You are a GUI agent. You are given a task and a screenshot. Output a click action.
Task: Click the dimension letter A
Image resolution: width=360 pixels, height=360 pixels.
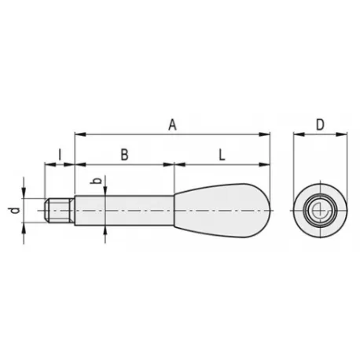172,124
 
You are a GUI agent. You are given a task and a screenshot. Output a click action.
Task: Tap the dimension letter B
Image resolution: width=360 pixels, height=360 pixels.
124,155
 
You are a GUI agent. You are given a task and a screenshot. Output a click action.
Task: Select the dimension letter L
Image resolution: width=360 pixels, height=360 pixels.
222,155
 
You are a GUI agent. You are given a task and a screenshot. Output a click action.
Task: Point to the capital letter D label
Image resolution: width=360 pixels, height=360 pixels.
320,124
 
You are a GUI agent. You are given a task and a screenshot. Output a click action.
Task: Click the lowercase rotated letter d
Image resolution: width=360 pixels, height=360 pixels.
16,211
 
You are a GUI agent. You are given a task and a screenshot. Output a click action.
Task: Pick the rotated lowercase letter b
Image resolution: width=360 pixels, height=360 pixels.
97,181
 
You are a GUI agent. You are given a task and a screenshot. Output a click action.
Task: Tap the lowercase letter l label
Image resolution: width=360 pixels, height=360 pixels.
60,155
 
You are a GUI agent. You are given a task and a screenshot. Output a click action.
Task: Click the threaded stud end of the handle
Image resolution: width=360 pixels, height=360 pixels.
60,211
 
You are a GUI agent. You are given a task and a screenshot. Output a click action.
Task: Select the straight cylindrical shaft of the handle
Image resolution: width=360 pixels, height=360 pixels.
124,211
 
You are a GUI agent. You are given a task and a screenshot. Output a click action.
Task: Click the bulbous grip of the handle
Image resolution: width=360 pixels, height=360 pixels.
222,211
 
